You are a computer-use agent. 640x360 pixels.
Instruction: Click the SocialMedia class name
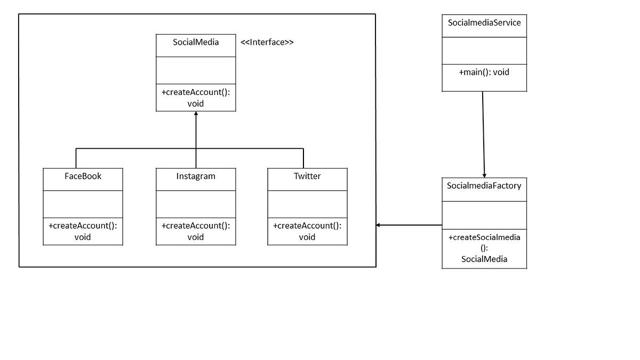pos(196,43)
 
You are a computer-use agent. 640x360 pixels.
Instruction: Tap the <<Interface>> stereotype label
pos(267,43)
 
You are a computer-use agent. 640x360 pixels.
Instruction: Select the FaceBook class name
pos(83,176)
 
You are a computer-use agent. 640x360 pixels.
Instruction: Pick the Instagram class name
pos(196,176)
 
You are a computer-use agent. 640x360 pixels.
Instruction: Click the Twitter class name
pos(307,176)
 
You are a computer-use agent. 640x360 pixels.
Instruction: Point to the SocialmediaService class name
pos(484,23)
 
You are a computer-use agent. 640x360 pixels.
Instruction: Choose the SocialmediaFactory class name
pos(484,186)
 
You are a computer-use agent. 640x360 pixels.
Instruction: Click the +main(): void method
pos(484,72)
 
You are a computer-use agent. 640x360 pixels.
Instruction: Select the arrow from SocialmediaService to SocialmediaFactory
pos(484,133)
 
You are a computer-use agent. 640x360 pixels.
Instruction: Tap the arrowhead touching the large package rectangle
pos(379,225)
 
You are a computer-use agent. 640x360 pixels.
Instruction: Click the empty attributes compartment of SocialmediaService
pos(484,51)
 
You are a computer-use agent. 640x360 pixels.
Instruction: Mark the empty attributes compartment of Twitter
pos(307,205)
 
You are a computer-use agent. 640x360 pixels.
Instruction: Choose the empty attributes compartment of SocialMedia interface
pos(196,70)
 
